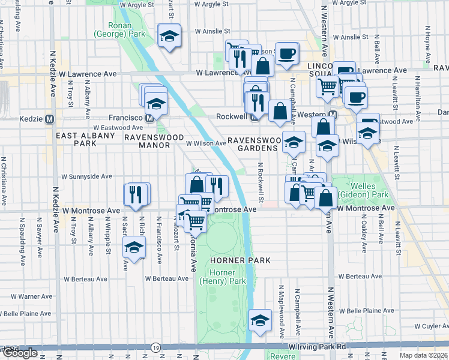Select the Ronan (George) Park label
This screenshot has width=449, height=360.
(x=119, y=30)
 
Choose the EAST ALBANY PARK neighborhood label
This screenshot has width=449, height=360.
(x=76, y=140)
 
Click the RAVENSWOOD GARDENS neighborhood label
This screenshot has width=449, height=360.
(x=255, y=145)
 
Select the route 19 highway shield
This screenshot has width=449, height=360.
(x=156, y=347)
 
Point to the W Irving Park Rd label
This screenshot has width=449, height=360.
(x=318, y=347)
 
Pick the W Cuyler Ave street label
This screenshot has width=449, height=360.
(x=431, y=326)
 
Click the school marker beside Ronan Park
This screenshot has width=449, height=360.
(x=169, y=36)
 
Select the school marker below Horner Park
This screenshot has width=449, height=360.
(x=260, y=321)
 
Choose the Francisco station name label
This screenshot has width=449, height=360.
(x=124, y=118)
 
